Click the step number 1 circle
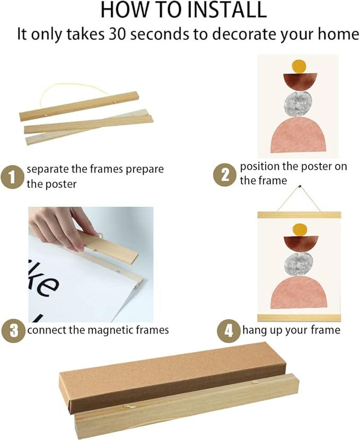click(x=12, y=177)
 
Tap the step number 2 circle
click(x=225, y=175)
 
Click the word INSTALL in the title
click(x=227, y=10)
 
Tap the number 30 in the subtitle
click(x=117, y=34)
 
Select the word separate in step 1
click(x=48, y=169)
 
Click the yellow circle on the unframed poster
click(x=298, y=66)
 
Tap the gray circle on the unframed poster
click(x=298, y=104)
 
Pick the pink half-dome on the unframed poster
click(x=298, y=135)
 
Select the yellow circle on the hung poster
click(x=300, y=230)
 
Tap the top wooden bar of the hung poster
click(x=299, y=215)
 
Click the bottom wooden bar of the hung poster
click(x=299, y=317)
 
